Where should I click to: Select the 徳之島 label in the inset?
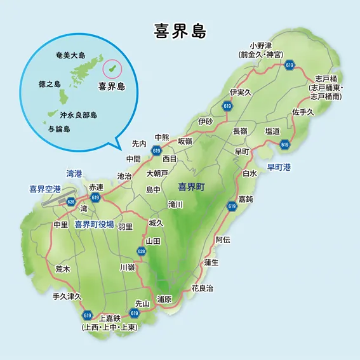pyautogui.click(x=49, y=84)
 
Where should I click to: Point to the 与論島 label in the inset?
pyautogui.click(x=59, y=129)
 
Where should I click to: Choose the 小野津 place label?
pyautogui.click(x=260, y=46)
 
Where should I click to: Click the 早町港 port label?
pyautogui.click(x=279, y=168)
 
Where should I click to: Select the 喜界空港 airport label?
pyautogui.click(x=45, y=189)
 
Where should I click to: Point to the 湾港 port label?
pyautogui.click(x=74, y=173)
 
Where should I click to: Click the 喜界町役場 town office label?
pyautogui.click(x=94, y=225)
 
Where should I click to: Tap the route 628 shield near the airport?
pyautogui.click(x=71, y=202)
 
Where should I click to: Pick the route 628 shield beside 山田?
pyautogui.click(x=141, y=252)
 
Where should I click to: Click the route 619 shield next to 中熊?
pyautogui.click(x=156, y=150)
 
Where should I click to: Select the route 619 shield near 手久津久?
pyautogui.click(x=87, y=315)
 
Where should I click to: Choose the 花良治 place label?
pyautogui.click(x=202, y=288)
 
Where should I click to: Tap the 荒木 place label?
pyautogui.click(x=63, y=269)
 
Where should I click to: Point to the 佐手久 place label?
pyautogui.click(x=303, y=112)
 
